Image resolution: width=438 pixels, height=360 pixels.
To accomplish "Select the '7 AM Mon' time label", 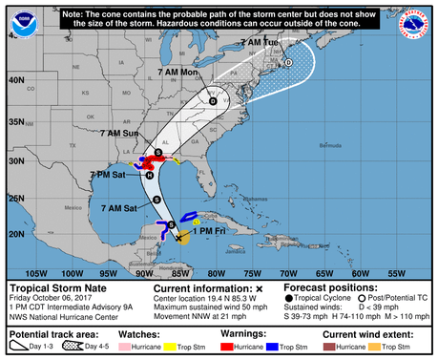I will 176,73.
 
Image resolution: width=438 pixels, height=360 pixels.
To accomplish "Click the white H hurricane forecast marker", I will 150,175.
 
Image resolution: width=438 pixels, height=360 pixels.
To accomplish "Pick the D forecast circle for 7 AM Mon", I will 212,100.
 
